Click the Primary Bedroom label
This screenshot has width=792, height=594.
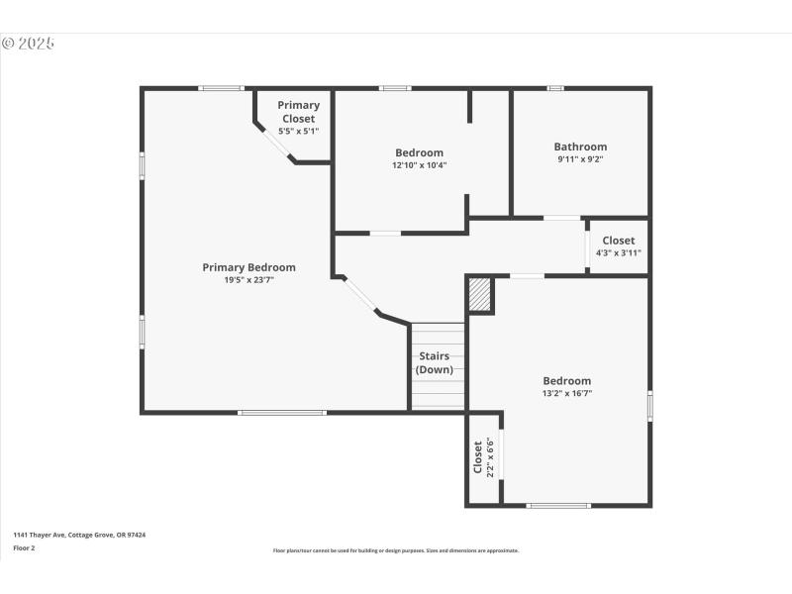(x=248, y=267)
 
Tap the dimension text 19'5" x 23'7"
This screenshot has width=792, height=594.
(x=248, y=280)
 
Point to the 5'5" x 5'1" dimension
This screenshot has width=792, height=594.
(x=298, y=131)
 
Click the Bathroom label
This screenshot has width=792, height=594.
(x=580, y=147)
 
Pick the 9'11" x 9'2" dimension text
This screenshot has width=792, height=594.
(x=580, y=159)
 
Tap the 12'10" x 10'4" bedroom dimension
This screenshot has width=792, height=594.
(x=419, y=165)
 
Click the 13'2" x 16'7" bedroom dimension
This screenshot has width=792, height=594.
(x=567, y=393)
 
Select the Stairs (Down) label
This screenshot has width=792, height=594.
(x=435, y=362)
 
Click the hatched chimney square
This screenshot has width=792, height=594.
(x=480, y=294)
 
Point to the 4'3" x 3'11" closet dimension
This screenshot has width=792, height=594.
(x=619, y=252)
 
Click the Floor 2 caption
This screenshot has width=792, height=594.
(x=24, y=547)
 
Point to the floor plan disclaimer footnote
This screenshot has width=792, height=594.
(x=396, y=550)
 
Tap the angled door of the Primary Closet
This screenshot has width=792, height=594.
(x=276, y=144)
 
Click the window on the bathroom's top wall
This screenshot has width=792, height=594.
(x=555, y=88)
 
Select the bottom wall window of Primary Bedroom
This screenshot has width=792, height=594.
(x=268, y=412)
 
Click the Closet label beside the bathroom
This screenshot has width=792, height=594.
(x=619, y=241)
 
